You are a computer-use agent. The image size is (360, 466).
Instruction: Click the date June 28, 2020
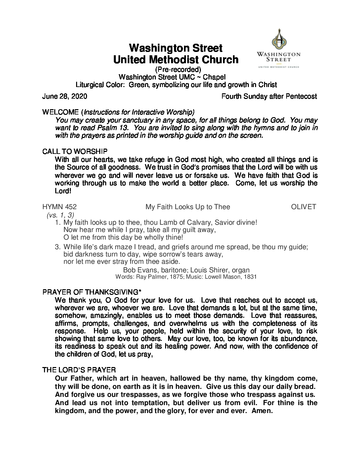[x=65, y=97]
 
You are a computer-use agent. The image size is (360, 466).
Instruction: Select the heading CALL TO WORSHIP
[x=75, y=152]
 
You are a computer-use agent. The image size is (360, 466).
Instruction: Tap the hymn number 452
[x=71, y=207]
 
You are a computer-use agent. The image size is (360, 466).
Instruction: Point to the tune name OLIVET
[x=303, y=207]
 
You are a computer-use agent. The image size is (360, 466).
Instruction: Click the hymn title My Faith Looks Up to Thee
[x=188, y=207]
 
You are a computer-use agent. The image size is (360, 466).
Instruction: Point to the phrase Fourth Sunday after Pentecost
[x=269, y=97]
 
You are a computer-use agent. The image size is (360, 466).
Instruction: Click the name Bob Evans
[x=137, y=270]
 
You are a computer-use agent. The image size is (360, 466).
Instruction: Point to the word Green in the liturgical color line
[x=139, y=85]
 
